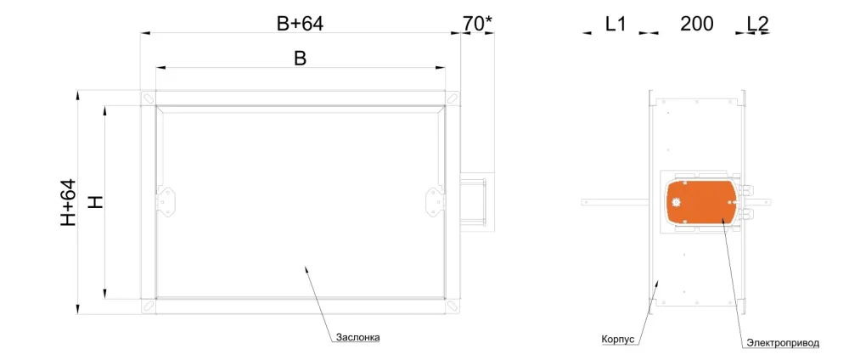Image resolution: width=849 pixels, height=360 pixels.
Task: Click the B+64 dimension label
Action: [x=300, y=23]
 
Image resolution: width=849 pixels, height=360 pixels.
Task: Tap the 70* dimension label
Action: [x=477, y=23]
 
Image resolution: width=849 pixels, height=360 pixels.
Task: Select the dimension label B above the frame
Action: [x=300, y=59]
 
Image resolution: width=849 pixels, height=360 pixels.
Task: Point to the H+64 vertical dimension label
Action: [x=69, y=202]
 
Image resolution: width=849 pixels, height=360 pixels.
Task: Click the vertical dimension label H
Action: [x=95, y=202]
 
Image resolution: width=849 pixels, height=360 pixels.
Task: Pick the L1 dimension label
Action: [x=615, y=23]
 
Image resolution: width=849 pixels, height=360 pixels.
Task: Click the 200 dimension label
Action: [x=697, y=23]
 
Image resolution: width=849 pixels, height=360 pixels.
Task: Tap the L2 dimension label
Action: [x=757, y=23]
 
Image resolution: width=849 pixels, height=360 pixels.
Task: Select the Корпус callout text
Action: [x=618, y=339]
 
